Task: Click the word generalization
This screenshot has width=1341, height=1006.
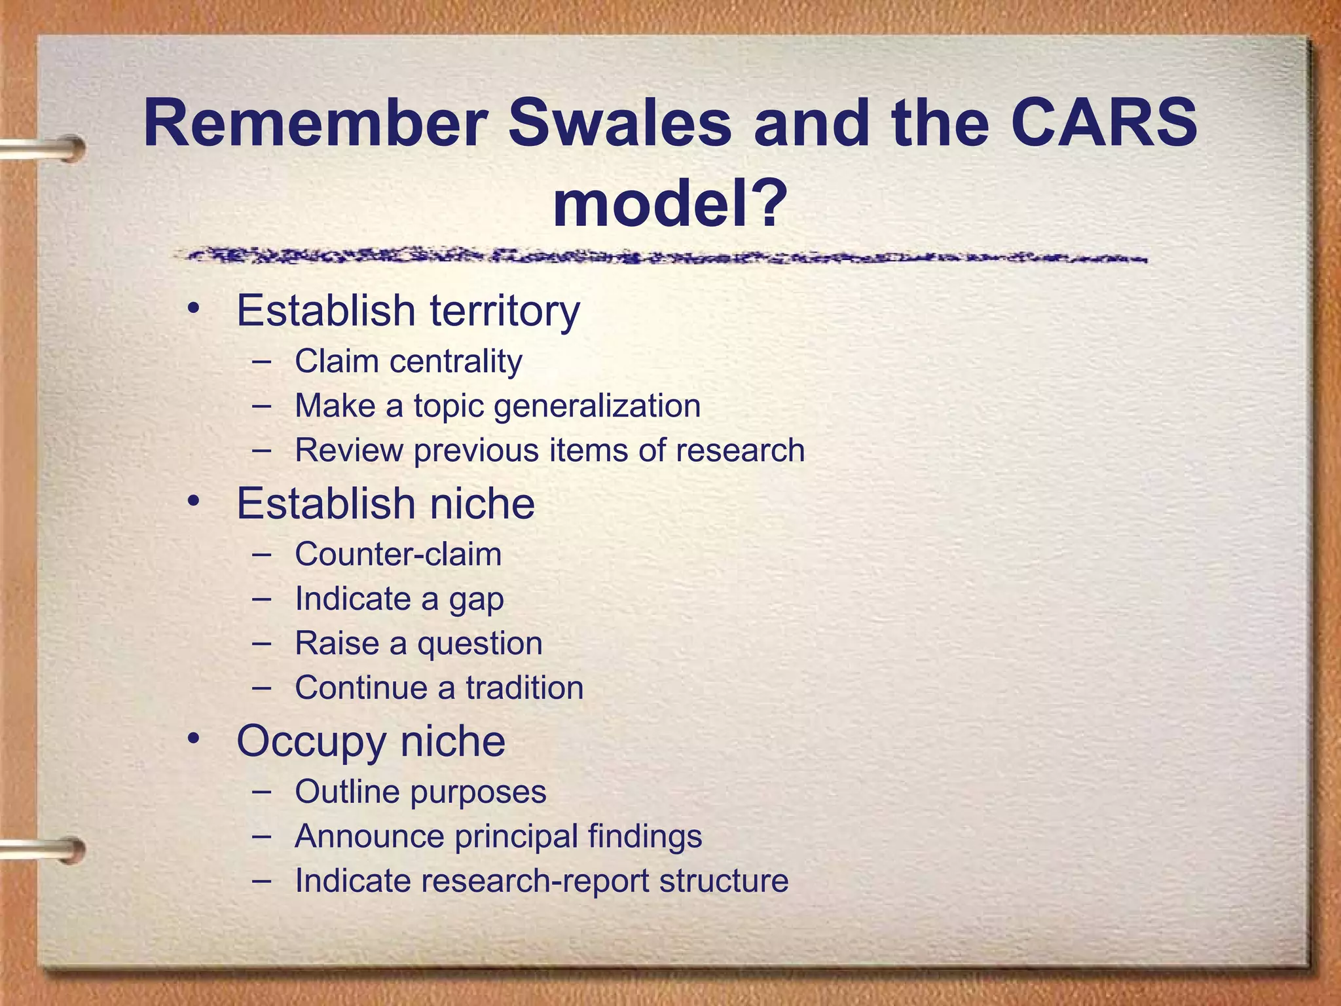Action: click(597, 405)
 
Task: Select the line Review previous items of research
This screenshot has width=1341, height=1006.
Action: click(549, 450)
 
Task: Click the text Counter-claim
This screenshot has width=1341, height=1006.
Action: click(398, 554)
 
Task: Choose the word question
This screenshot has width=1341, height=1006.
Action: click(480, 644)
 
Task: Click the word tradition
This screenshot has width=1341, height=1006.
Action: click(524, 688)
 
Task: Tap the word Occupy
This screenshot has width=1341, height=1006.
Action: click(311, 742)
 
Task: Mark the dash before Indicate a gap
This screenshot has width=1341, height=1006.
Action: click(261, 598)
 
